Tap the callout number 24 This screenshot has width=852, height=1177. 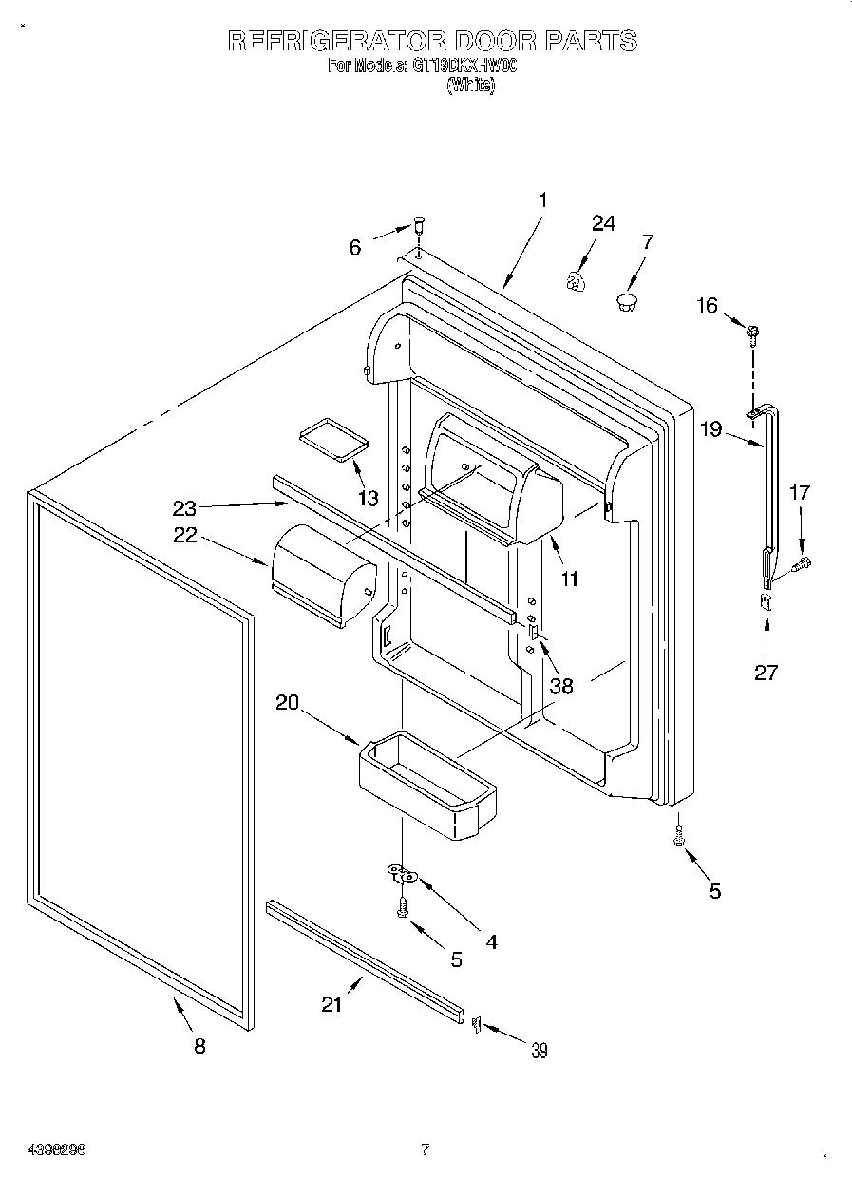tap(603, 223)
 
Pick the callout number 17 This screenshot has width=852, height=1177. tap(800, 492)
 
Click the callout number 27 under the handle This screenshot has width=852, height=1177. tap(766, 673)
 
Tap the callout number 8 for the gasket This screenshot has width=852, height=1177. tap(199, 1046)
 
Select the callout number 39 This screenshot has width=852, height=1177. tap(539, 1050)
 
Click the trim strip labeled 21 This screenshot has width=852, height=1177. tap(366, 959)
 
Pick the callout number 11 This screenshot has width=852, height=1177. tap(569, 579)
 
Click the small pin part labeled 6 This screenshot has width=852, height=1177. tap(416, 228)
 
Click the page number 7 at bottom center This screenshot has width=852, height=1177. tap(425, 1150)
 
